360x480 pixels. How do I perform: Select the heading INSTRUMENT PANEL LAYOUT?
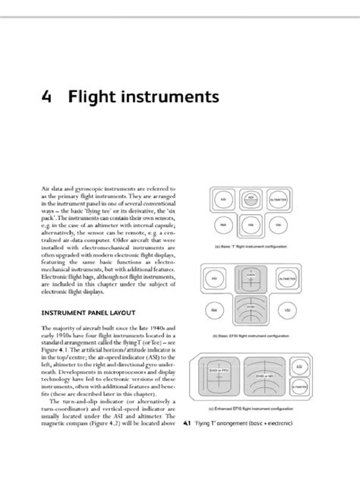point(89,311)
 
